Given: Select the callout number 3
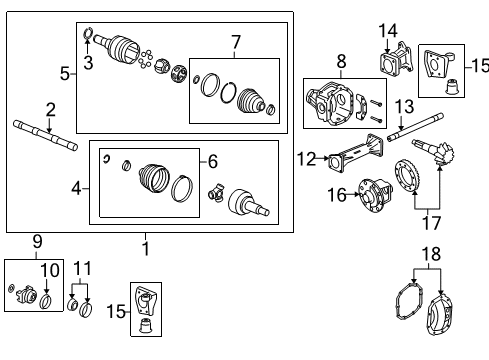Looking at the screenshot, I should [88, 64].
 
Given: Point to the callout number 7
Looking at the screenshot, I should [236, 42].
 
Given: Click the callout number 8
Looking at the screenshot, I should [341, 62].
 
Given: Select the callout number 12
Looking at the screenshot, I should [308, 157].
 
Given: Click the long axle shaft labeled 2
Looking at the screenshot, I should [45, 134].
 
